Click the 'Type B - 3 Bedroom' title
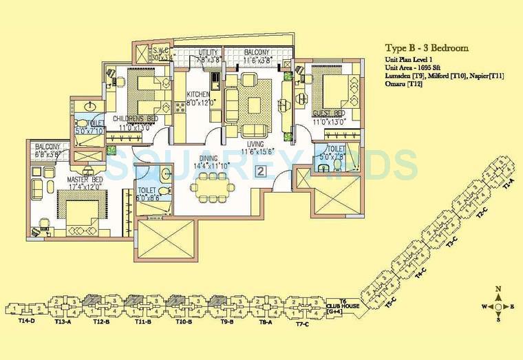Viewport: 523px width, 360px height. pos(426,48)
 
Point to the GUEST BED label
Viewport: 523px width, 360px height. pos(329,113)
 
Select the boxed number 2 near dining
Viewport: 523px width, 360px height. pos(260,171)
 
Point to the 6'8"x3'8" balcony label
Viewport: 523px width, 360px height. pos(48,151)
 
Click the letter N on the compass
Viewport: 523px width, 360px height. pos(498,288)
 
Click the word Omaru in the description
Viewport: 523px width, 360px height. pos(394,84)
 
